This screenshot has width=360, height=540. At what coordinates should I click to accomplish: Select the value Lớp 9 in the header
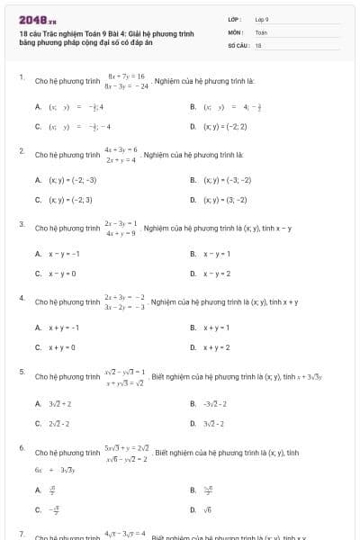click(x=262, y=19)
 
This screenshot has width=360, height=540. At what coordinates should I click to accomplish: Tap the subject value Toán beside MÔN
click(x=261, y=31)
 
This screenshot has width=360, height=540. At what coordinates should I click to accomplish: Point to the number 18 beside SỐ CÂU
click(x=258, y=43)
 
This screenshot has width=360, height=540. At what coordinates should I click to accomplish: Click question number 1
click(x=21, y=78)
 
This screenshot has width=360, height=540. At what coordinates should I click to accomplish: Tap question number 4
click(x=21, y=297)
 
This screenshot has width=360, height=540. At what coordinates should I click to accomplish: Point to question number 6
click(x=21, y=446)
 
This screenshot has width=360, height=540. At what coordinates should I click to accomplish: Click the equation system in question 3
click(x=120, y=228)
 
